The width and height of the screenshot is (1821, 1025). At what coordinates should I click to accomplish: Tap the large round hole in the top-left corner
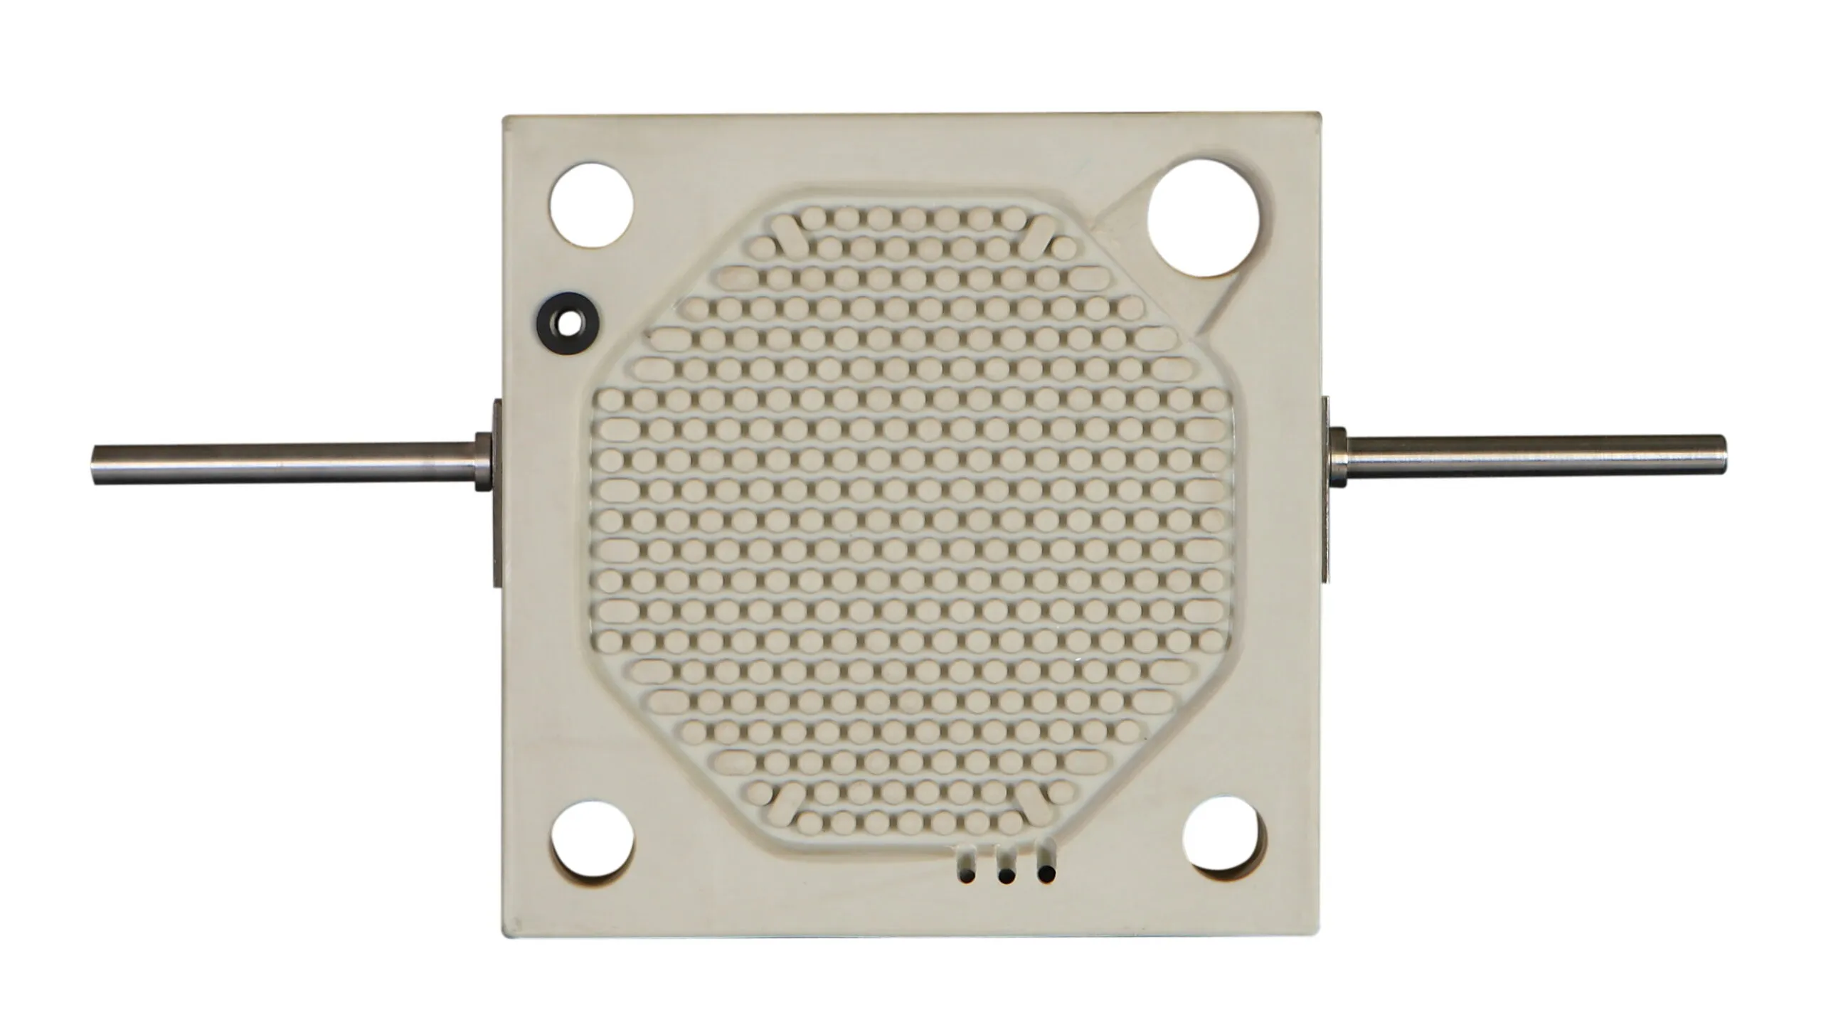click(591, 204)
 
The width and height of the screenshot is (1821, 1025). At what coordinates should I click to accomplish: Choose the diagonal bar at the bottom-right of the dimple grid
click(1036, 803)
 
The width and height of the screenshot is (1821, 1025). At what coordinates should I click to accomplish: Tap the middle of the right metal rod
click(1529, 462)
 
